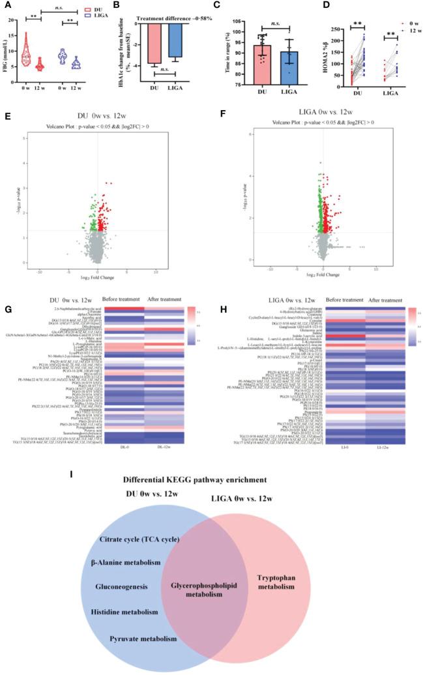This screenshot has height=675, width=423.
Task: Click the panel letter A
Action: [5, 5]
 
